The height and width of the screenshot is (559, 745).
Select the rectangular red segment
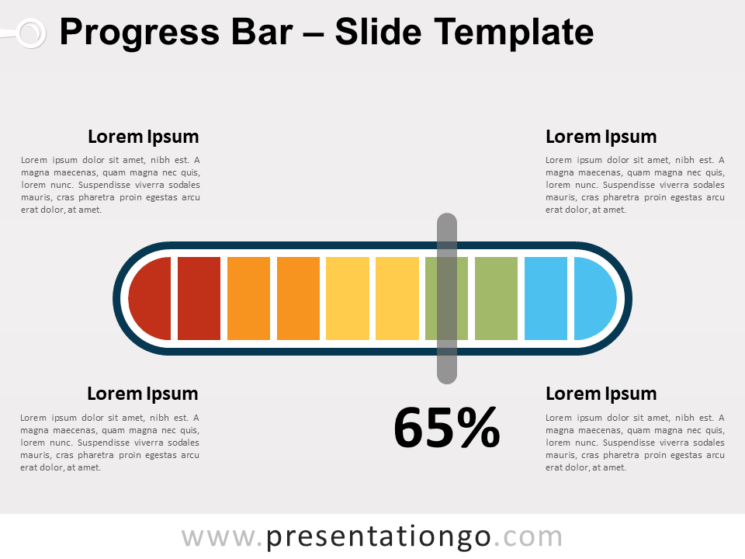(x=199, y=299)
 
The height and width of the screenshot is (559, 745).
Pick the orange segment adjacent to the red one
(x=248, y=299)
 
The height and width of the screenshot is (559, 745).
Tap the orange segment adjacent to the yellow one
(x=298, y=299)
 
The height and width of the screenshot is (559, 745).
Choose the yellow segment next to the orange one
(x=348, y=299)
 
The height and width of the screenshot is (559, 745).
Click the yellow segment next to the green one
(x=397, y=299)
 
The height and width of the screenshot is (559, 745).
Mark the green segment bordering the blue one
(x=496, y=299)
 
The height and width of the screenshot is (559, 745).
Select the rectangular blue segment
(x=546, y=299)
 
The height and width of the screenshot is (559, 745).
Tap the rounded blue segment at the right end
(x=594, y=299)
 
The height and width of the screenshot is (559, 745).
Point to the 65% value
(x=447, y=429)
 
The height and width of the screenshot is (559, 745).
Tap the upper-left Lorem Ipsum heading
(x=144, y=137)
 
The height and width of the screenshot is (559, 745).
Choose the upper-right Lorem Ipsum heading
(x=601, y=137)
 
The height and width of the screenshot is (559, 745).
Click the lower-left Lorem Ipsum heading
(x=143, y=394)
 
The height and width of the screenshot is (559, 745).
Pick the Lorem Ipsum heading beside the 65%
(x=601, y=394)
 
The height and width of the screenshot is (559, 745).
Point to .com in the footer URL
(x=528, y=536)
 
